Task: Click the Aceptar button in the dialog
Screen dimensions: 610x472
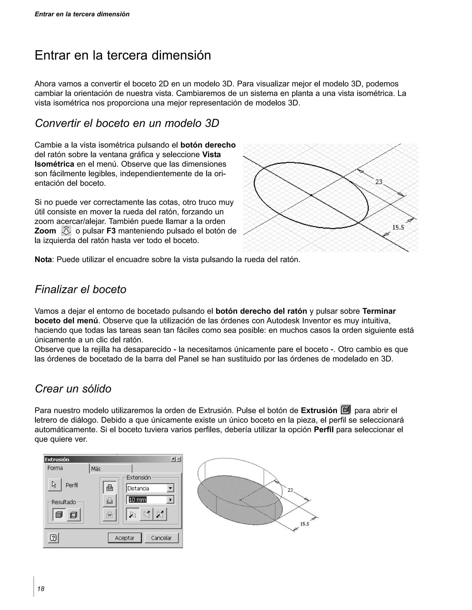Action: (125, 538)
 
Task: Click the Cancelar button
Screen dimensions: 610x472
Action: (161, 538)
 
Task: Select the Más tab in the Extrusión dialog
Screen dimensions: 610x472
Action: (110, 469)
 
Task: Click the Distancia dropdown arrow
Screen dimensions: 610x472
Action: (170, 488)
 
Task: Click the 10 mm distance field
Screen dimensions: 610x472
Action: (146, 500)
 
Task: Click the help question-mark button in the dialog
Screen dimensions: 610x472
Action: (53, 538)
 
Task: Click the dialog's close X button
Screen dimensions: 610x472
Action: (179, 459)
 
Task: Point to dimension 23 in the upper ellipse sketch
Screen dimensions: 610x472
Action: (379, 182)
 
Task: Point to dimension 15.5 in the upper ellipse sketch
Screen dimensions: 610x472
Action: (398, 227)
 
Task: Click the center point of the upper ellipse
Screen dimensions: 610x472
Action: (311, 195)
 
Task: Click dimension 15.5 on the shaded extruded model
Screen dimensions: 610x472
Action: (305, 524)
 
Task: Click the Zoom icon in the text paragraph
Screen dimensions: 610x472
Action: (66, 231)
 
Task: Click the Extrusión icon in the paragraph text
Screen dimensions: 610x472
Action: (346, 410)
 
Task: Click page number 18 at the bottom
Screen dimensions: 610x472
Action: (41, 589)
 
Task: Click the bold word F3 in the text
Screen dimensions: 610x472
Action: (111, 231)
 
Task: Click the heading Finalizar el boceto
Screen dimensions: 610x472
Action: (80, 289)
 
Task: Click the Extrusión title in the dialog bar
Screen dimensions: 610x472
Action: (57, 459)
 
